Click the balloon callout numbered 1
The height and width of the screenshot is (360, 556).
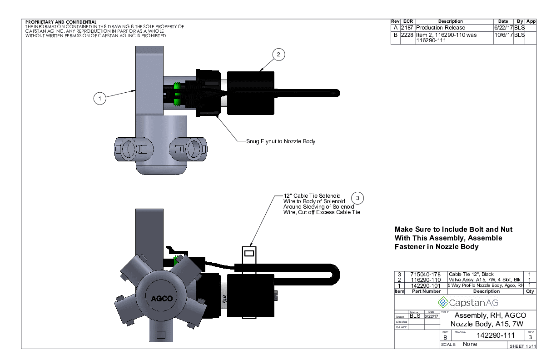99,98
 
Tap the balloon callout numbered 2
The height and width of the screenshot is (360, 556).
278,55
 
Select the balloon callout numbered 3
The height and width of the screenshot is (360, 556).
358,198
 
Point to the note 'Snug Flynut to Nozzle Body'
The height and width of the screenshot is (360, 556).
280,141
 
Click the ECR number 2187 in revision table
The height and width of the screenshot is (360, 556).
407,28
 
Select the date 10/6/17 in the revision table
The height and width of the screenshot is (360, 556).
503,35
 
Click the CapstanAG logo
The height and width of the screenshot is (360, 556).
467,302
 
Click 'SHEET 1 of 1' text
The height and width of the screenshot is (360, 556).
523,346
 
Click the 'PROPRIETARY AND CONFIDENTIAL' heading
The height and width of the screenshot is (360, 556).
61,22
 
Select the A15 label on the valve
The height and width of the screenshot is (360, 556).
224,298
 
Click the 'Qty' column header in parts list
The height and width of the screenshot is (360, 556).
530,291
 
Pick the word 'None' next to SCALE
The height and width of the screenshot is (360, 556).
470,344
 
